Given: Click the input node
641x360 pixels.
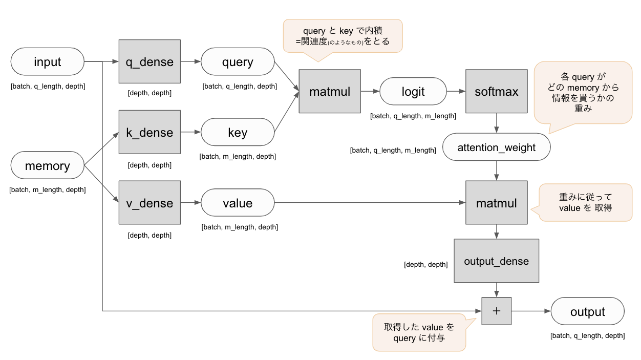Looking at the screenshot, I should (x=47, y=62).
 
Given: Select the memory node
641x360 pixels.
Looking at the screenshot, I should (x=47, y=166).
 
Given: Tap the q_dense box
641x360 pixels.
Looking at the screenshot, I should (x=149, y=62).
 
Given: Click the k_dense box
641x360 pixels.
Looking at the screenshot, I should (x=149, y=132).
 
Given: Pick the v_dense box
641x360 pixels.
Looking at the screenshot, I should (x=149, y=203).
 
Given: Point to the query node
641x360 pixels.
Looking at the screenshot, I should (x=238, y=62).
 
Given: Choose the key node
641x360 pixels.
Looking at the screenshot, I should (x=238, y=133).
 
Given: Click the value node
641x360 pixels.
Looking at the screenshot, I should (x=238, y=203).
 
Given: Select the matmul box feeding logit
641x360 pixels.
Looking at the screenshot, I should (x=330, y=92).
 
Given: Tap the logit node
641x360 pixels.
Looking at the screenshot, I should (x=413, y=92).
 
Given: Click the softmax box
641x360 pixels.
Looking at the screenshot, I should (x=496, y=92).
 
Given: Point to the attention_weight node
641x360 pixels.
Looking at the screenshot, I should (x=496, y=147).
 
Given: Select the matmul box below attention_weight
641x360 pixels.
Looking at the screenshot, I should (x=496, y=203).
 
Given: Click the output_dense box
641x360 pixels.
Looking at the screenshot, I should (x=496, y=261).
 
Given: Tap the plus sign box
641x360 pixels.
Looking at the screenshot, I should (x=496, y=311).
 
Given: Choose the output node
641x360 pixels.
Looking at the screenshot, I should (x=587, y=311).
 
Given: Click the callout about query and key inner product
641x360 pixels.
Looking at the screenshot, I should (x=343, y=36).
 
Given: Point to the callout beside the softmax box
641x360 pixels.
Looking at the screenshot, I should (x=583, y=92).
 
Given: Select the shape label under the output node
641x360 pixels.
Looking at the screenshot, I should (x=587, y=336).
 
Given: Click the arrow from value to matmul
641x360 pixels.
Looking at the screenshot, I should (x=369, y=203).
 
